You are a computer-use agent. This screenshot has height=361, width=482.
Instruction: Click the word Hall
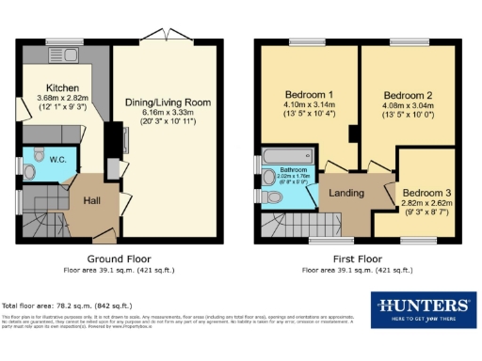(x=91, y=200)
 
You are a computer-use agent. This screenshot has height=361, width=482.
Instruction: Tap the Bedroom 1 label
(x=309, y=95)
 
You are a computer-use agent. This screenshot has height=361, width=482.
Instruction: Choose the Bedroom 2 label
(x=408, y=95)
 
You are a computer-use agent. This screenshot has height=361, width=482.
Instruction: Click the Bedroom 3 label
(x=425, y=193)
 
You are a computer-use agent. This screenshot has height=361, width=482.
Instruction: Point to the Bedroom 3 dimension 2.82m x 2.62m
(x=425, y=204)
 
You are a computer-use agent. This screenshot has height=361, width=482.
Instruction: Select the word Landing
(x=346, y=192)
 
